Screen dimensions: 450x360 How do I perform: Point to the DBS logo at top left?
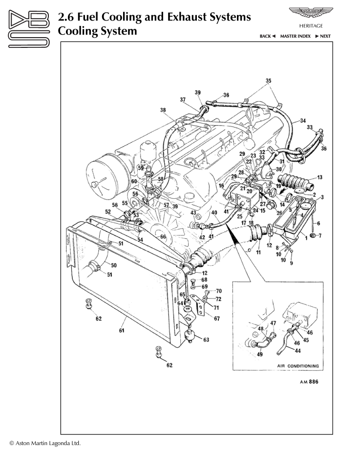click(x=29, y=29)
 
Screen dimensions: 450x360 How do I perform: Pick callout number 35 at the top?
click(x=268, y=81)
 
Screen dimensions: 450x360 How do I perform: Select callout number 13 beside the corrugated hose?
click(x=319, y=177)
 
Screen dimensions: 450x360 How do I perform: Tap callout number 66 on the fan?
click(x=163, y=237)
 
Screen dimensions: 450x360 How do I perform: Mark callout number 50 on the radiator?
click(x=113, y=265)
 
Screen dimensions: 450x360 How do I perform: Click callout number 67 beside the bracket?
click(x=217, y=318)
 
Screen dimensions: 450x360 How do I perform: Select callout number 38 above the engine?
click(x=163, y=110)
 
